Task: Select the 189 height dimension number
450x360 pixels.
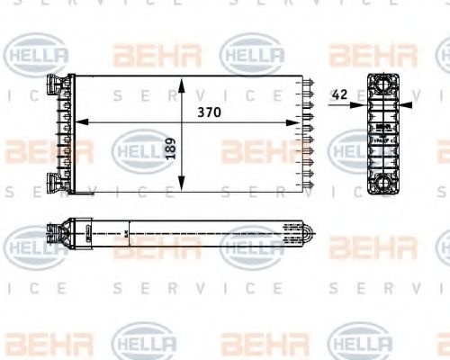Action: pos(171,148)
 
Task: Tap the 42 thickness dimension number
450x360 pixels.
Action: pos(338,94)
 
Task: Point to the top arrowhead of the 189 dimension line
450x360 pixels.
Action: pos(183,83)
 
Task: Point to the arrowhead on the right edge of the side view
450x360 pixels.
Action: pos(407,104)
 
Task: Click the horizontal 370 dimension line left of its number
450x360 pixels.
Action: pos(135,121)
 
